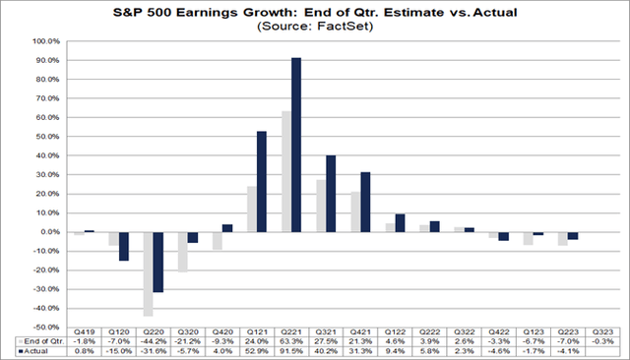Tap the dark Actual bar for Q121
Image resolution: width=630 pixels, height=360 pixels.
262,182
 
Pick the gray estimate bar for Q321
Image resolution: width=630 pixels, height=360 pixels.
320,206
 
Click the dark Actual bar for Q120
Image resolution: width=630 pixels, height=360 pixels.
124,246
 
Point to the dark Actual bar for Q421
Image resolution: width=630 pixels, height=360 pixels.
365,202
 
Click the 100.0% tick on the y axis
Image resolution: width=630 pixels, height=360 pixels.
45,42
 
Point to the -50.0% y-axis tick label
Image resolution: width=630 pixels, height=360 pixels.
45,327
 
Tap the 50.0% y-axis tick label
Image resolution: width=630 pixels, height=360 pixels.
46,137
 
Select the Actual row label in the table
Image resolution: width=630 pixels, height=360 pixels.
33,351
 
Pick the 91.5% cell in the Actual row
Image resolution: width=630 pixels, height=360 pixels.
290,351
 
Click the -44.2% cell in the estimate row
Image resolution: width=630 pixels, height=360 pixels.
153,342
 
